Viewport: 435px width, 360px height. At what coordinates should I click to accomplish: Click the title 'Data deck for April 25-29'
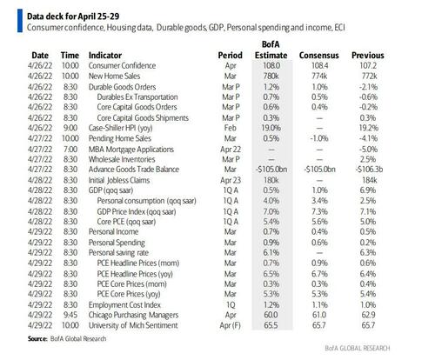pyautogui.click(x=73, y=16)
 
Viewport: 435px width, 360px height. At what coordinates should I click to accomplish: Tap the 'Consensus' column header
pyautogui.click(x=319, y=55)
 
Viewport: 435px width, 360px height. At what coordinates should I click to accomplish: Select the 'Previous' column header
pyautogui.click(x=368, y=55)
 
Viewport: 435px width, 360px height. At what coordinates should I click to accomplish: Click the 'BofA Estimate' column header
pyautogui.click(x=271, y=50)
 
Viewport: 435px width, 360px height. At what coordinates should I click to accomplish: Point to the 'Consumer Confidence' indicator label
pyautogui.click(x=122, y=65)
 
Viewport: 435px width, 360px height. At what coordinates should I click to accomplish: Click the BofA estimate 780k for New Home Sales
pyautogui.click(x=271, y=76)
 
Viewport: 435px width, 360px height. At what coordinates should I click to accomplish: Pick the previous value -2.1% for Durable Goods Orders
pyautogui.click(x=368, y=87)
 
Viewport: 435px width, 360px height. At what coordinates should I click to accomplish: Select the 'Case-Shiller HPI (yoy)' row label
pyautogui.click(x=120, y=128)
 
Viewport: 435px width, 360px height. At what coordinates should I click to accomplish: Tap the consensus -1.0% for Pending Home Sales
pyautogui.click(x=319, y=138)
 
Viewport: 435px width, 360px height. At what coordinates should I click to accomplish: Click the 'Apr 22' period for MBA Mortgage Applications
pyautogui.click(x=231, y=150)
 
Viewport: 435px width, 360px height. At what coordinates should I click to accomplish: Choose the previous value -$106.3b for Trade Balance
pyautogui.click(x=369, y=170)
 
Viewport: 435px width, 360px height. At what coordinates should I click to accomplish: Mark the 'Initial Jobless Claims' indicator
pyautogui.click(x=119, y=180)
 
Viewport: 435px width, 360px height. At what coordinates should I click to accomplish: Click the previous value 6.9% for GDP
pyautogui.click(x=368, y=190)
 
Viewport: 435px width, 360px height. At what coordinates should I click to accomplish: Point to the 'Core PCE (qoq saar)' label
pyautogui.click(x=126, y=222)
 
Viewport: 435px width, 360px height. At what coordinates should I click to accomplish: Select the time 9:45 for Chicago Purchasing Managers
pyautogui.click(x=70, y=315)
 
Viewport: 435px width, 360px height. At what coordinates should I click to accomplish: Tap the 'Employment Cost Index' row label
pyautogui.click(x=124, y=305)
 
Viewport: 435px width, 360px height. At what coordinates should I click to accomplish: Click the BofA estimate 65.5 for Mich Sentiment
pyautogui.click(x=271, y=325)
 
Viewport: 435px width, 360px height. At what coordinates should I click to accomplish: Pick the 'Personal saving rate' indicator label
pyautogui.click(x=118, y=253)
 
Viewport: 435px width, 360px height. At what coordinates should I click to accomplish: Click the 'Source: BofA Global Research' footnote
pyautogui.click(x=67, y=338)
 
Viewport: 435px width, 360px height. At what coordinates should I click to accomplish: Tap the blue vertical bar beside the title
pyautogui.click(x=20, y=21)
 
